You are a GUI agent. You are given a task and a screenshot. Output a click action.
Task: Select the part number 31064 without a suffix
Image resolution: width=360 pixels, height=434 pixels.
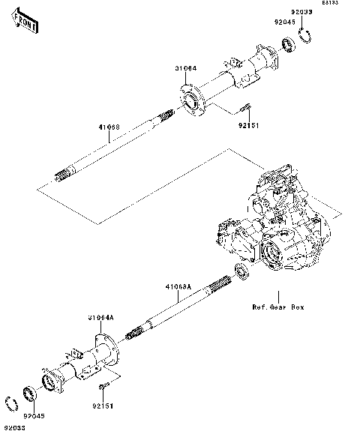(186, 68)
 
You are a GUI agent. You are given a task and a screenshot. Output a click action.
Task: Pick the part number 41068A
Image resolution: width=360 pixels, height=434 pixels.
(178, 287)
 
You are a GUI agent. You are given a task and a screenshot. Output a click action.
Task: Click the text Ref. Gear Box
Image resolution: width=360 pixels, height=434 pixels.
(277, 307)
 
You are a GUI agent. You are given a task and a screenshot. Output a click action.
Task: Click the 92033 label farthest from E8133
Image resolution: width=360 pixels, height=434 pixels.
(13, 427)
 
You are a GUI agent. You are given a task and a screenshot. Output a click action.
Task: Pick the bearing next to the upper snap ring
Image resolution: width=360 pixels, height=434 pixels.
(287, 43)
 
